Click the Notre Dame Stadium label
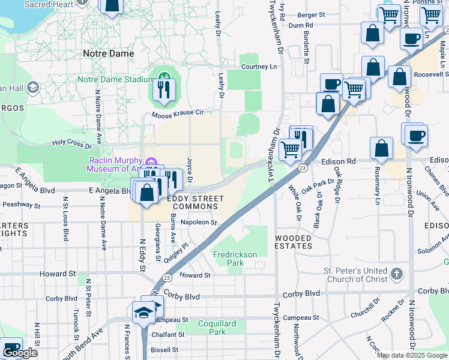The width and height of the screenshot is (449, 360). [115, 79]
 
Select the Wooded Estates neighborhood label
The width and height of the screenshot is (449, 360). [294, 242]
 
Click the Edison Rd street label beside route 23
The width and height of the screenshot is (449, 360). [338, 161]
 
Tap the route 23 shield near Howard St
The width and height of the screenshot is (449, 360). [167, 277]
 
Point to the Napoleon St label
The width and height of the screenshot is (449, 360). [198, 222]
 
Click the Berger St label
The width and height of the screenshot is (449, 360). [310, 14]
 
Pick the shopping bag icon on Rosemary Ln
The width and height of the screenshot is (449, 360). [381, 148]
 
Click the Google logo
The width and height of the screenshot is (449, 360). [20, 353]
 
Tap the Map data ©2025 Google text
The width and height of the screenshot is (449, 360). [412, 355]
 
